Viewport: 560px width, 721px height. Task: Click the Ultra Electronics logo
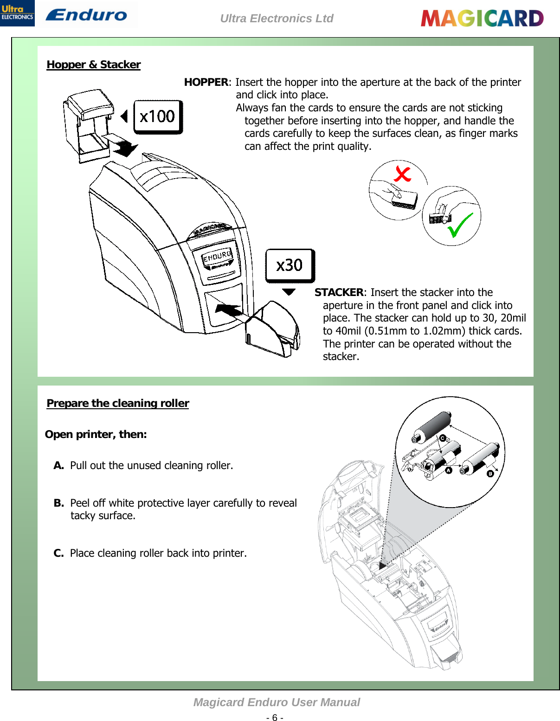point(17,13)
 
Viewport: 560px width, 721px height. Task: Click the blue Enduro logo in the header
point(86,15)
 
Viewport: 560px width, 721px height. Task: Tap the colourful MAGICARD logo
point(482,19)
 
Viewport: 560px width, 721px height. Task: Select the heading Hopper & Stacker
point(94,64)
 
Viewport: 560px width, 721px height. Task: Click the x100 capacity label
point(158,116)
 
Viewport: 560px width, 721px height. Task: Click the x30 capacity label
point(290,265)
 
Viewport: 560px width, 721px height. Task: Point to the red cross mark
point(402,174)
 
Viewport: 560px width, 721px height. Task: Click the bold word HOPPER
point(206,82)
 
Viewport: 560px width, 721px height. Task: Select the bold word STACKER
point(339,292)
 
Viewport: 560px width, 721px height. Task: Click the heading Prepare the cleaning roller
point(118,403)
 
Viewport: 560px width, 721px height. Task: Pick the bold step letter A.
point(58,465)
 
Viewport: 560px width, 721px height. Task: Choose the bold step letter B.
point(58,503)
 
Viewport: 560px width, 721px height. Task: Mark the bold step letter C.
point(58,553)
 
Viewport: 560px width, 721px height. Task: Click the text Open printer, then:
point(96,434)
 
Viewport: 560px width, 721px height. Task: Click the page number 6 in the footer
point(275,718)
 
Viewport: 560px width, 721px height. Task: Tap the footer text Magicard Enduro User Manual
point(277,702)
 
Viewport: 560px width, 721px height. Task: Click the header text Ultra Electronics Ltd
point(277,19)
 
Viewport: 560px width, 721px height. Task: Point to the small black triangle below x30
point(289,292)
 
